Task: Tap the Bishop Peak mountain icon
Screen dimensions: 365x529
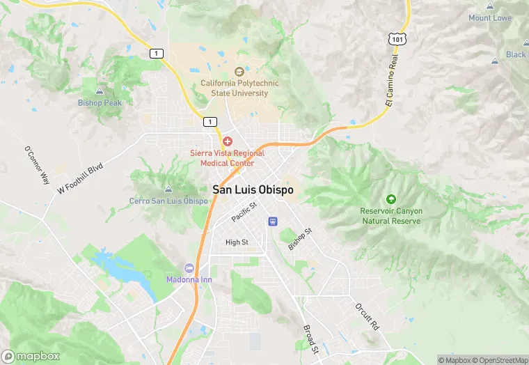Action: [x=100, y=91]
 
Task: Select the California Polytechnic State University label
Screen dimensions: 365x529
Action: [x=239, y=88]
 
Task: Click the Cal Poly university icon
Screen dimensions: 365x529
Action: [x=239, y=71]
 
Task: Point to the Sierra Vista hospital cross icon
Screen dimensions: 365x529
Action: [x=227, y=141]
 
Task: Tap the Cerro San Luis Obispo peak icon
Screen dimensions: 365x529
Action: [x=168, y=189]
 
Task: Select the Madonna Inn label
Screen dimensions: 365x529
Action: [x=189, y=279]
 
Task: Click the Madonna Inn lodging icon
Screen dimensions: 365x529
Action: [x=189, y=268]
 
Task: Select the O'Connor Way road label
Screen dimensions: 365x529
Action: [x=38, y=165]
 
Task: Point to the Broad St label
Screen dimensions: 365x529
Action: [x=310, y=338]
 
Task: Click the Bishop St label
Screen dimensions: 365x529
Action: [x=299, y=236]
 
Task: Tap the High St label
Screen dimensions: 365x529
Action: [x=237, y=242]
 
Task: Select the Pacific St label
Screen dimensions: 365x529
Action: [x=244, y=212]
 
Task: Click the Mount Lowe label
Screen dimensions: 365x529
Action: [x=490, y=18]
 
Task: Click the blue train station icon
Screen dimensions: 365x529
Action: [x=273, y=222]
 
